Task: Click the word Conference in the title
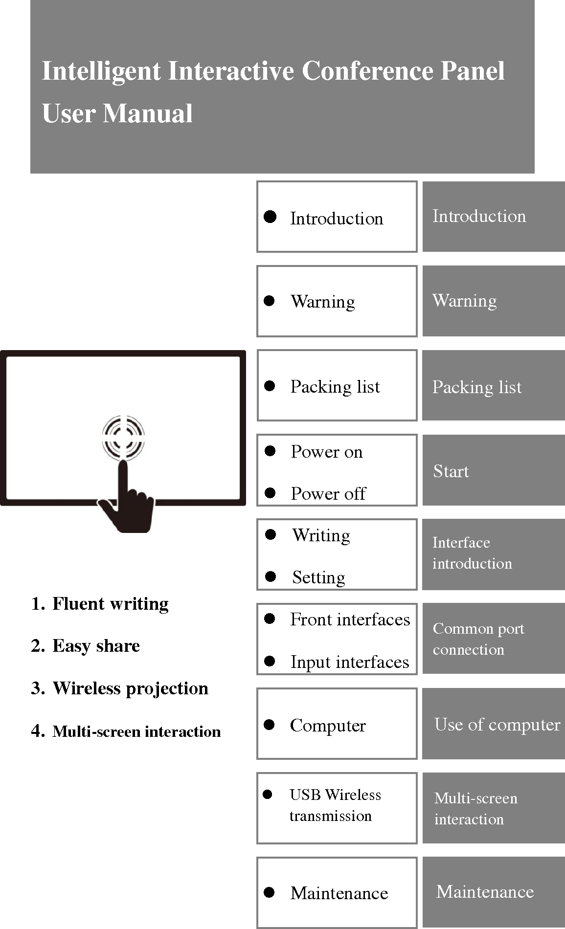tap(367, 71)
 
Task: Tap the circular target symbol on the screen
tap(123, 437)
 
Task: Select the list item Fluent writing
tap(110, 604)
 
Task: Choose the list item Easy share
tap(96, 646)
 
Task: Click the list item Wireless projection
tap(130, 688)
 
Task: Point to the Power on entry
tap(326, 452)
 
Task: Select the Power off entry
tap(328, 494)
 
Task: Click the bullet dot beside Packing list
tap(270, 386)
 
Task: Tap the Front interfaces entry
tap(350, 619)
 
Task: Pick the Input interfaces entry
tap(349, 662)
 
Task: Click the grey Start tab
tap(493, 470)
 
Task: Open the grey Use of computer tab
tap(493, 724)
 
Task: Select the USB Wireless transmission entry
tap(335, 805)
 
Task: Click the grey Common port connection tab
tap(493, 639)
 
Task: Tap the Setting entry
tap(318, 577)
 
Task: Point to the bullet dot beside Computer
tap(270, 725)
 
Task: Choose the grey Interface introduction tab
tap(493, 554)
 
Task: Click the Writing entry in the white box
tap(321, 535)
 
